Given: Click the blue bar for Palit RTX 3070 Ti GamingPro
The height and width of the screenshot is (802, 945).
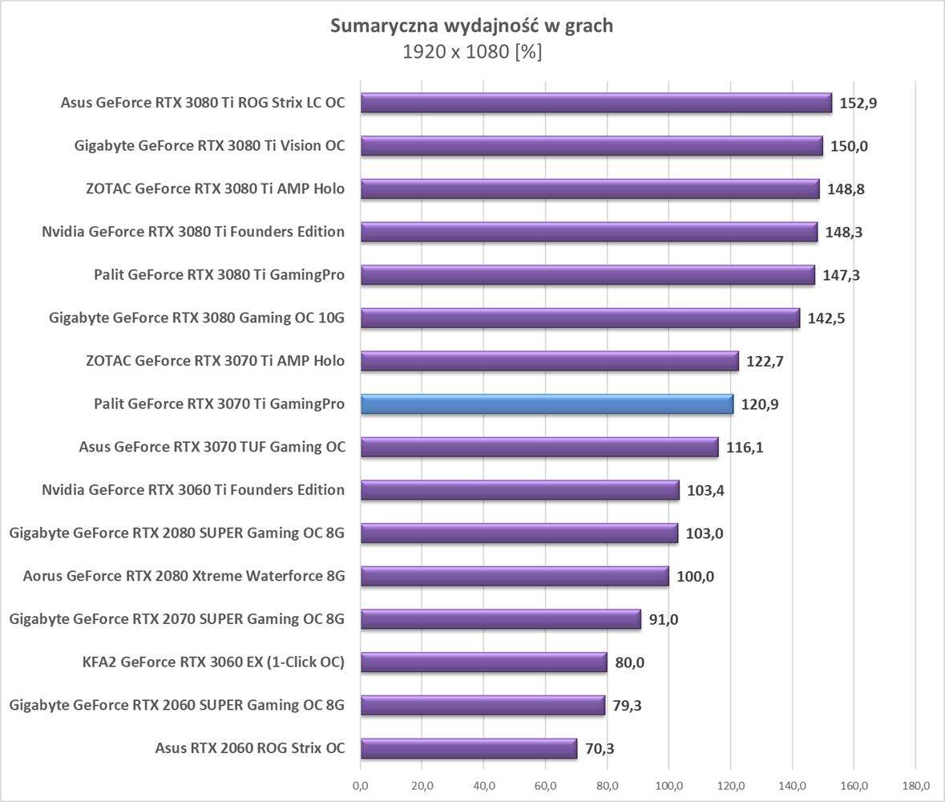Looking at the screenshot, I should coord(547,404).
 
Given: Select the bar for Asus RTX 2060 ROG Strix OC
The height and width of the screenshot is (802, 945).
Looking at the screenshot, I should coord(469,748).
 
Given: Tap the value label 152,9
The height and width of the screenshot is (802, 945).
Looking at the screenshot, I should coord(858,103).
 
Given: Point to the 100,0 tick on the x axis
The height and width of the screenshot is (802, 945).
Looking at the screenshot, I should coord(669,785).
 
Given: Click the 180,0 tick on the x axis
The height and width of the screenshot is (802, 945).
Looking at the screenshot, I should coord(916,785).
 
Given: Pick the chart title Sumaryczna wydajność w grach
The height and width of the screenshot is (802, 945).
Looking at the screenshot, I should coord(472,26).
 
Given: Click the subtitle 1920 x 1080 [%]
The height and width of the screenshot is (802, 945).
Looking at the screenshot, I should coord(472,52).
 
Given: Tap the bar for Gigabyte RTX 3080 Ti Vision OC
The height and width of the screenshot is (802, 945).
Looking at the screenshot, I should coord(592,146).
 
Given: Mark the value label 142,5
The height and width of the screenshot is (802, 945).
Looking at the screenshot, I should coord(826,318).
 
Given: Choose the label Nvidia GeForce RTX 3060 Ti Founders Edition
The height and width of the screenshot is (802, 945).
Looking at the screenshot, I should coord(193,490).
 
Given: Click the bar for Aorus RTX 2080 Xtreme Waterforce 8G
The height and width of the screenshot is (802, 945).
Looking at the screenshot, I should coord(515,576).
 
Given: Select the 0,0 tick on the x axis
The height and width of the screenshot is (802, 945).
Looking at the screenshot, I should coord(361,785).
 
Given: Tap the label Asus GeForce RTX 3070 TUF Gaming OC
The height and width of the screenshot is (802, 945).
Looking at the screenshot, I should coord(212,448).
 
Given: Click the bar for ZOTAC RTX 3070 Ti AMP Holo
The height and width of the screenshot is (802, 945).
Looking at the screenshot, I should coord(550,361).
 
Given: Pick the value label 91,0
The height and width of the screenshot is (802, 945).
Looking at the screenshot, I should coord(662,620).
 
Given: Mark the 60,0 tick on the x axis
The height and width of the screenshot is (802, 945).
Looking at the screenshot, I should coord(546,785).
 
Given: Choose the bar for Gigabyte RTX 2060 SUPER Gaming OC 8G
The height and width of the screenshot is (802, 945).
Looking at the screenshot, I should coord(483,705).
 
